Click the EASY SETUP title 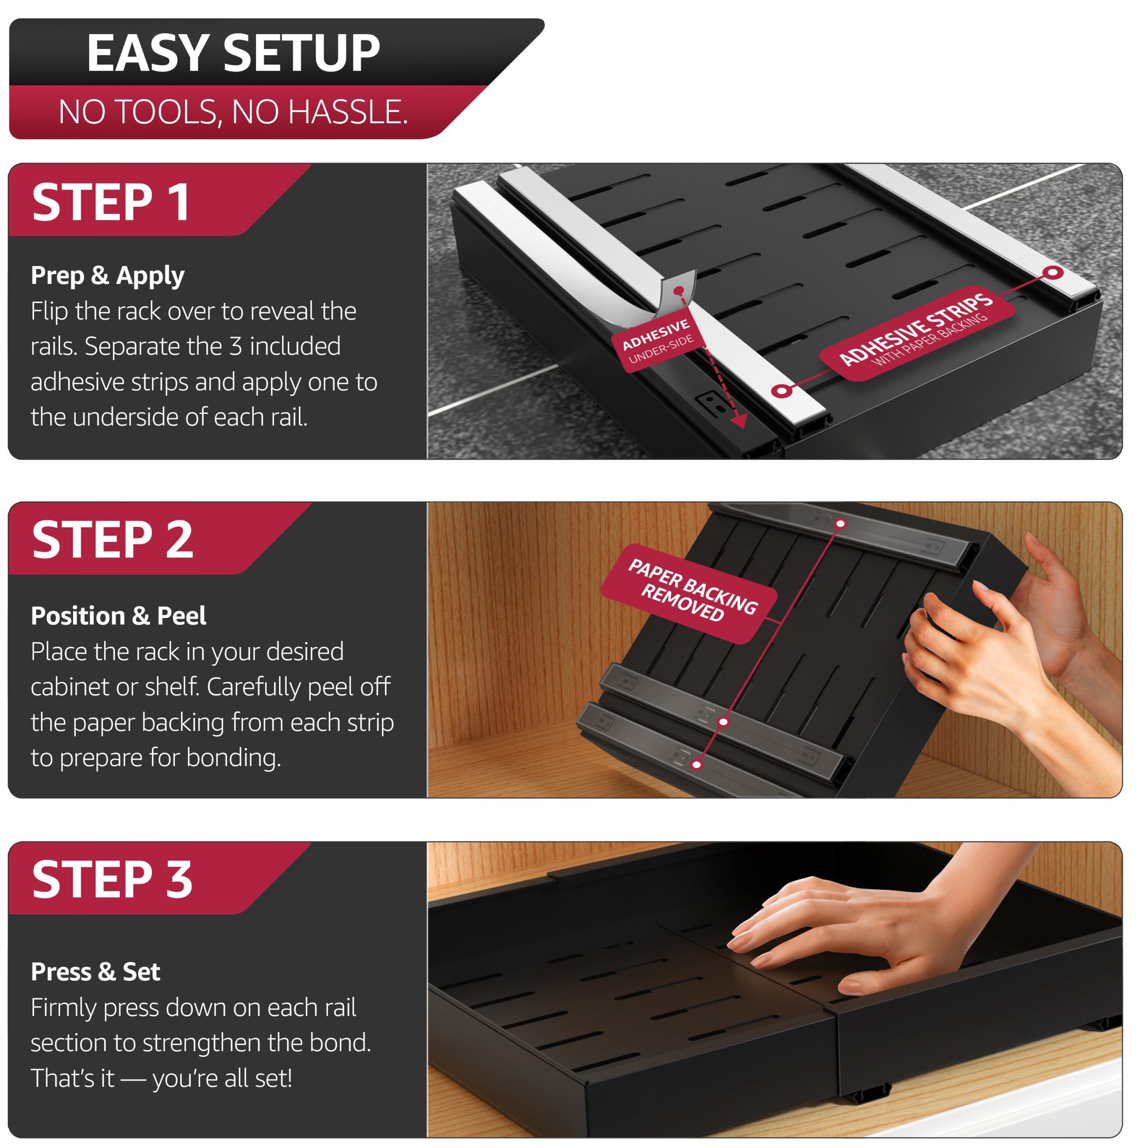[x=233, y=53]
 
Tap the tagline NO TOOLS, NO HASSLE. [x=233, y=112]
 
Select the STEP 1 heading [x=111, y=203]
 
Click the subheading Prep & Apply [x=108, y=276]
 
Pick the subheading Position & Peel [x=118, y=616]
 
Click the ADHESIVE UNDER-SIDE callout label [x=658, y=340]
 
